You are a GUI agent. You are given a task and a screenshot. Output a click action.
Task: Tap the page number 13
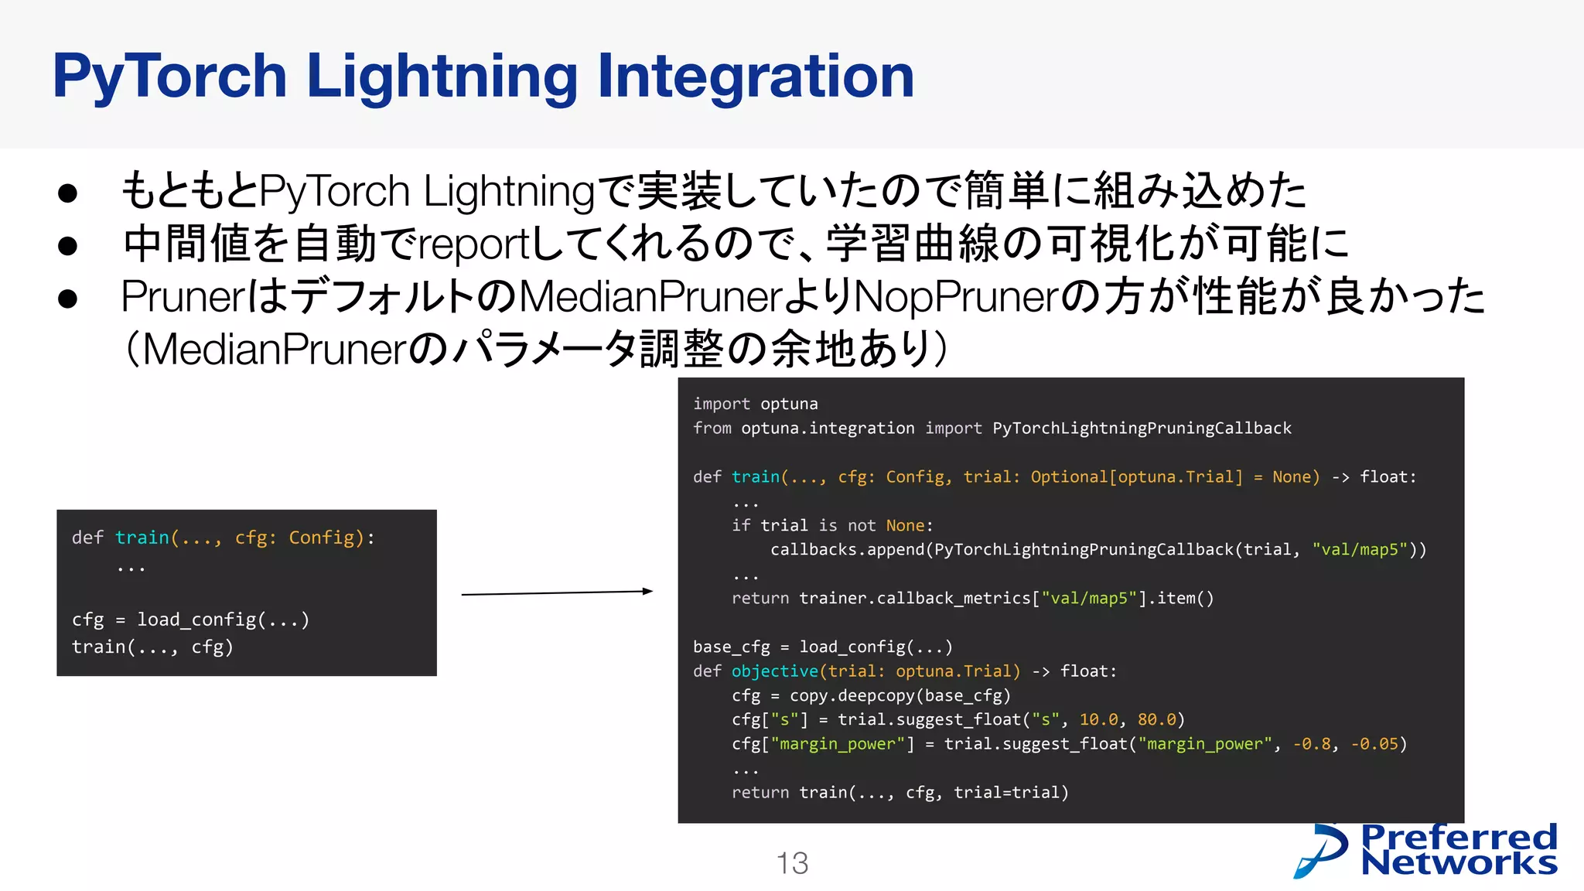[792, 863]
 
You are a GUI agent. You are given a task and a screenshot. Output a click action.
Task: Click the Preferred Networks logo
[1426, 851]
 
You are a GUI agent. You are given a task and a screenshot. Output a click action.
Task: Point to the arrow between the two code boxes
[557, 592]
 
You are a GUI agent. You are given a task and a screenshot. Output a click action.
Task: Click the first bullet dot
[68, 193]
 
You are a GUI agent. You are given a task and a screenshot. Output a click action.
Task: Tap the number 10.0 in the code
[1098, 719]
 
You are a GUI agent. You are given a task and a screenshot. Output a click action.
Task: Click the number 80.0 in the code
[1156, 719]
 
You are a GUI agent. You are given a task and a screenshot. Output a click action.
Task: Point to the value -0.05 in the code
[1374, 744]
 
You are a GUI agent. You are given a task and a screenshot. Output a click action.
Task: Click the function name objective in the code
[774, 671]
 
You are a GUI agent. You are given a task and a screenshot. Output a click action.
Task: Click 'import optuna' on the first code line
[755, 404]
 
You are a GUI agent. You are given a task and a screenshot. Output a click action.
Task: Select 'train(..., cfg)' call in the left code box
[152, 647]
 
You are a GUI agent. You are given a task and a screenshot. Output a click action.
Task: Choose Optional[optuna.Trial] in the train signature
[1136, 476]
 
